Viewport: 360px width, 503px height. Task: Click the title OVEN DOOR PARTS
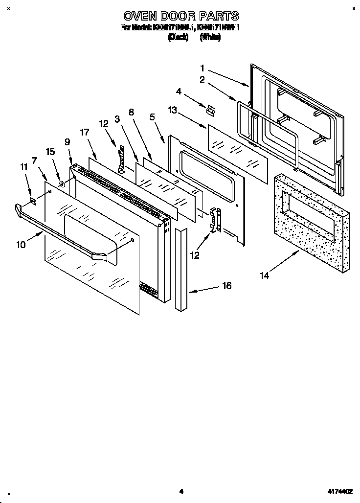coord(180,16)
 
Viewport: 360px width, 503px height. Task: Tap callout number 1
coord(202,68)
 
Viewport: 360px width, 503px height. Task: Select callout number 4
coord(179,91)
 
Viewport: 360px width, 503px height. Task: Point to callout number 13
coord(172,111)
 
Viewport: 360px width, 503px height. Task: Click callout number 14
coord(264,275)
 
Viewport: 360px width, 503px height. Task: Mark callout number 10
coord(21,245)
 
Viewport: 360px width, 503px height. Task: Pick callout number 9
coord(67,142)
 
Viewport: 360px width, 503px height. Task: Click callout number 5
coord(152,117)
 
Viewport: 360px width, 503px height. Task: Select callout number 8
coord(131,112)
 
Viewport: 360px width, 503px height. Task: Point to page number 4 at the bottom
coord(180,491)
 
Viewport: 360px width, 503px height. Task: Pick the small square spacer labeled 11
coord(33,200)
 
